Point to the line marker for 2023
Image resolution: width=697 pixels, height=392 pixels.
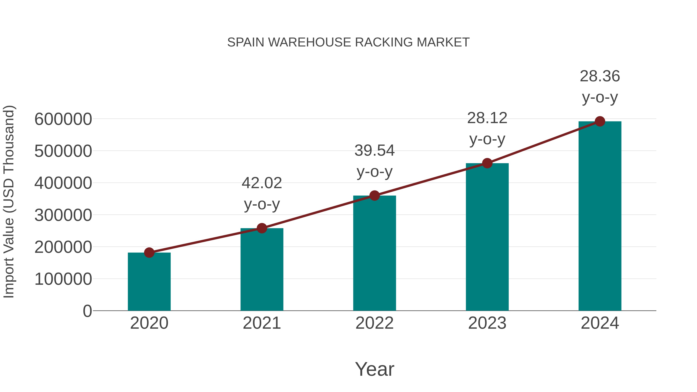(487, 163)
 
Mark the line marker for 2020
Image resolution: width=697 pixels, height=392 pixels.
(149, 253)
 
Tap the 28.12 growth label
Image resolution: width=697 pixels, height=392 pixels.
(487, 118)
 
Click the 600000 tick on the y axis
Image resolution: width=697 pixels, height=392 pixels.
(63, 119)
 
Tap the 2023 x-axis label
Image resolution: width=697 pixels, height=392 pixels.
(487, 323)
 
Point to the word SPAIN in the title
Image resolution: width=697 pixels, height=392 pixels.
(246, 42)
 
